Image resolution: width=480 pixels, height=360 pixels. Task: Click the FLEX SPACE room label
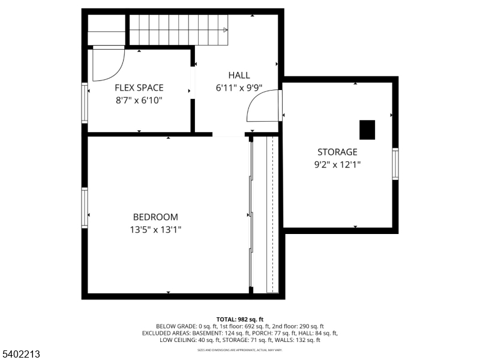(139, 88)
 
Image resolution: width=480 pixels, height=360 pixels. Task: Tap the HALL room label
(239, 75)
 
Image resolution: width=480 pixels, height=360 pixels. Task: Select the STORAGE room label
(337, 152)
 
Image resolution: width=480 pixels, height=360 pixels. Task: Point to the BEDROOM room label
(155, 217)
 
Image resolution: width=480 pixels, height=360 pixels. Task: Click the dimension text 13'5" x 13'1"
(155, 229)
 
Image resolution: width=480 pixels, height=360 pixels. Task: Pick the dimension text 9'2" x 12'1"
(337, 164)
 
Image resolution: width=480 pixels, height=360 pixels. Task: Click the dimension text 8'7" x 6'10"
(139, 100)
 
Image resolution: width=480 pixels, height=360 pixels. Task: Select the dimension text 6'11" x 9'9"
(239, 87)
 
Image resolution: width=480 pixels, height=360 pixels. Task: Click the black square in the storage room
(367, 129)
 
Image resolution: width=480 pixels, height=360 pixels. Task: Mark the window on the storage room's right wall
(395, 163)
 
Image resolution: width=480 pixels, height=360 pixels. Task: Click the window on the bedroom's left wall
(85, 208)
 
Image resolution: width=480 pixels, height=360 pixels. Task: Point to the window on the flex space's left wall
(85, 103)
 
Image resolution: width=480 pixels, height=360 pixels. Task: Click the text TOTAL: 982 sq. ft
(240, 319)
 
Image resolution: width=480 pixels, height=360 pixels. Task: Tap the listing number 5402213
(21, 355)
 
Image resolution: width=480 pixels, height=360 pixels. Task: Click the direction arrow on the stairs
(225, 29)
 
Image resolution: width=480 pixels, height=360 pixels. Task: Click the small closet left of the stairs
(106, 30)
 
